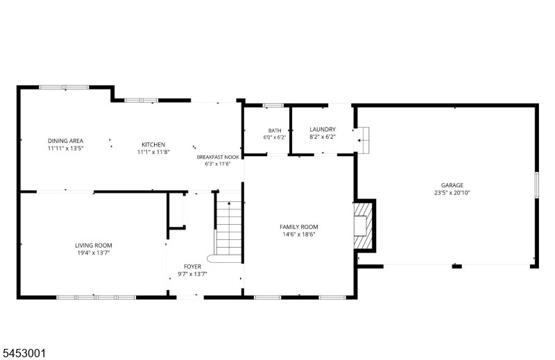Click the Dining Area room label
coord(65,141)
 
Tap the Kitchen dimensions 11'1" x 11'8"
coord(153,152)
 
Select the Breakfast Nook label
coord(218,157)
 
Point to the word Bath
coord(275,130)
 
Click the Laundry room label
coord(323,130)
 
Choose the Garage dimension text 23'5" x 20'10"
coord(452,193)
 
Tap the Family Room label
coord(299,227)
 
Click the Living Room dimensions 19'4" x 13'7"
coord(94,252)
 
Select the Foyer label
coord(192,266)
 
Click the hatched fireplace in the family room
coord(363,225)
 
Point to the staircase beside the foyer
coord(229,228)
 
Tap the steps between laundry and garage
coord(363,140)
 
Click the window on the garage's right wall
coord(536,185)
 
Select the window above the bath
coord(273,105)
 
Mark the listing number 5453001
coord(24,353)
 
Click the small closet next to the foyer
coord(177,211)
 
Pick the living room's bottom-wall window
coord(96,298)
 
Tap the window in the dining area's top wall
coord(64,87)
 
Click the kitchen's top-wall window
coord(142,101)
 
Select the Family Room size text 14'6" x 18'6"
coord(299,234)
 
